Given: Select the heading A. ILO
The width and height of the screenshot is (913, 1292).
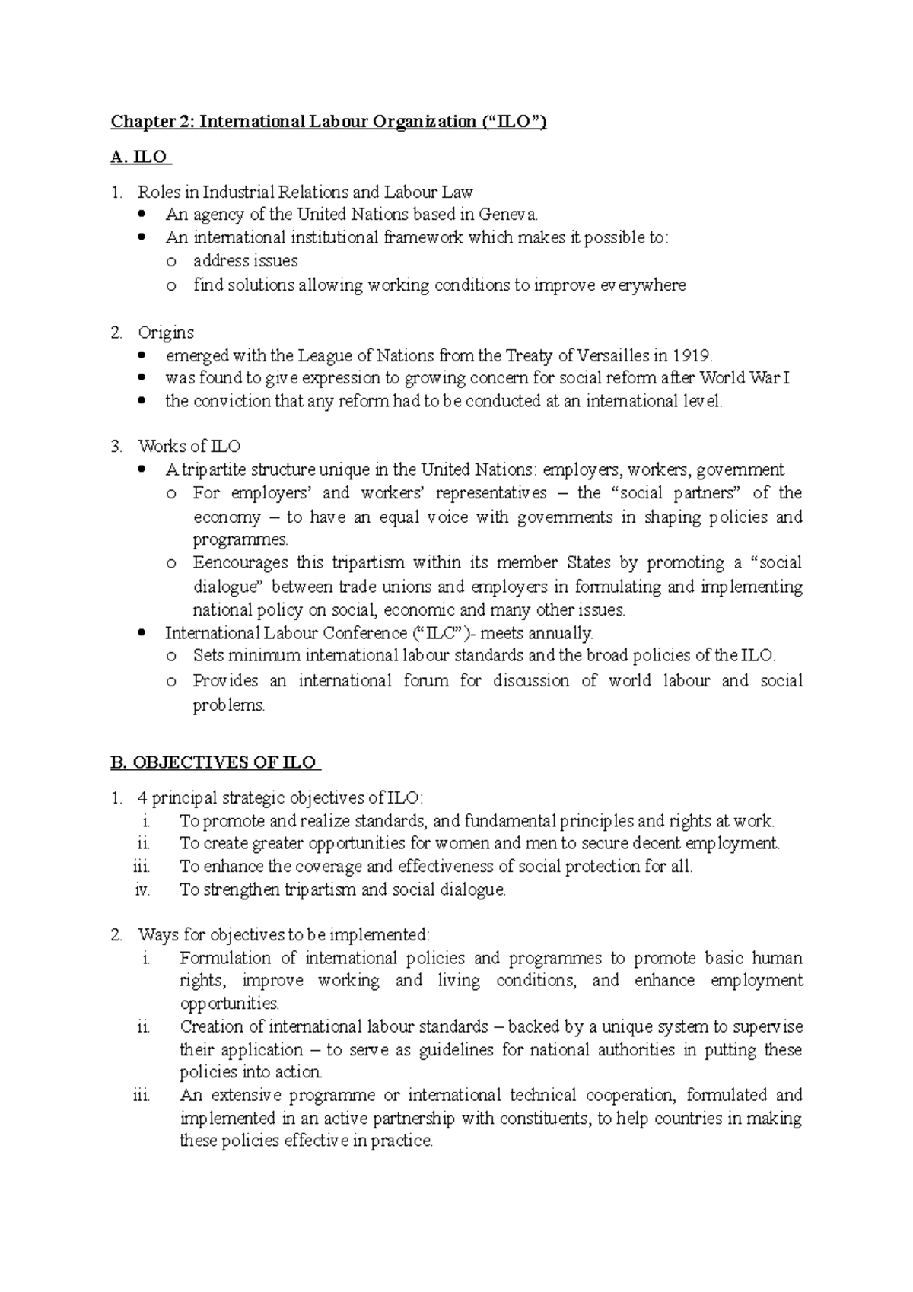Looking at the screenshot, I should (141, 158).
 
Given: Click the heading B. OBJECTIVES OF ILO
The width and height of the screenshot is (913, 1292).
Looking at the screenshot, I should (216, 762).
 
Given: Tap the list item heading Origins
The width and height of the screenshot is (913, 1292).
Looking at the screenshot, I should (166, 333).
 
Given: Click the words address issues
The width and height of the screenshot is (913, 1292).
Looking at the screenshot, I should (245, 261).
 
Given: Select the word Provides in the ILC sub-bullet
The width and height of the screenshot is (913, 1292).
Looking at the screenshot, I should (225, 680).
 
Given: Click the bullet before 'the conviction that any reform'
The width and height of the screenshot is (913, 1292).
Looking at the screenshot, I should (142, 401).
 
